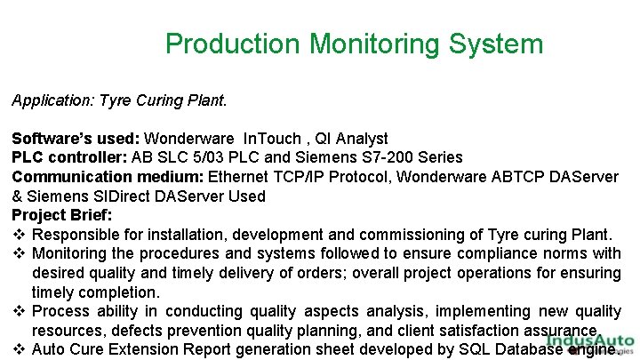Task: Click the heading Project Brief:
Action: (x=61, y=215)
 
